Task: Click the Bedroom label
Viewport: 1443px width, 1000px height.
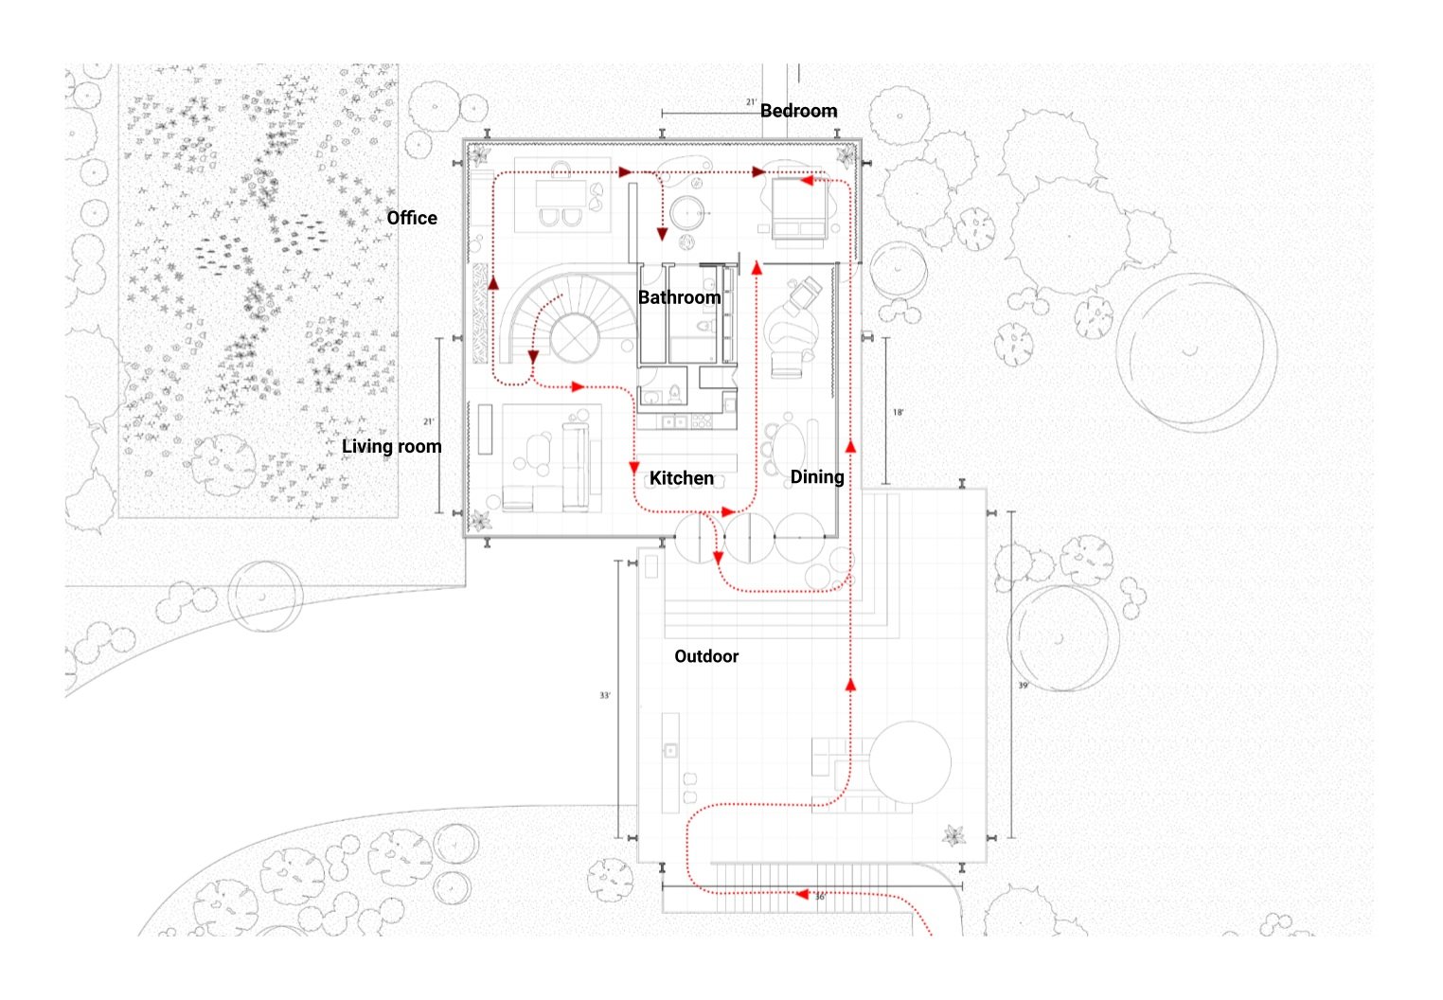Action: coord(798,111)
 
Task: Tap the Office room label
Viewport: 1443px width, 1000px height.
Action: coord(412,218)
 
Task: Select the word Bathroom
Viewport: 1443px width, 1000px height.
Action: coord(679,297)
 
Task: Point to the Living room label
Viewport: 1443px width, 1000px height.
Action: coord(391,446)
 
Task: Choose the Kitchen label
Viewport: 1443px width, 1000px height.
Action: coord(681,478)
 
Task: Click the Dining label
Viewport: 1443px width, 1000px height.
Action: coord(816,476)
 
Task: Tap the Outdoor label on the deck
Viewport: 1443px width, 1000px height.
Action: coord(705,656)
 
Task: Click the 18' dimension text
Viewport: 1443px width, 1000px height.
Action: coord(898,413)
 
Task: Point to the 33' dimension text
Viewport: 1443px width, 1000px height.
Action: coord(605,696)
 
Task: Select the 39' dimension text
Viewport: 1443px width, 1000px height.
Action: coord(1023,685)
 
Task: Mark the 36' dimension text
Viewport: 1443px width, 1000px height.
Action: coord(820,896)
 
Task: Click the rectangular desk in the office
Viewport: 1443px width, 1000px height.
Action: coord(561,194)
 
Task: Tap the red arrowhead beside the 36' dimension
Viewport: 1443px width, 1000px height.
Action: coord(802,894)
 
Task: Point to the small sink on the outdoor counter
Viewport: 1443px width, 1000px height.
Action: coord(670,751)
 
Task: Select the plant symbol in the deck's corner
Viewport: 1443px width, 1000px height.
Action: coord(953,835)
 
